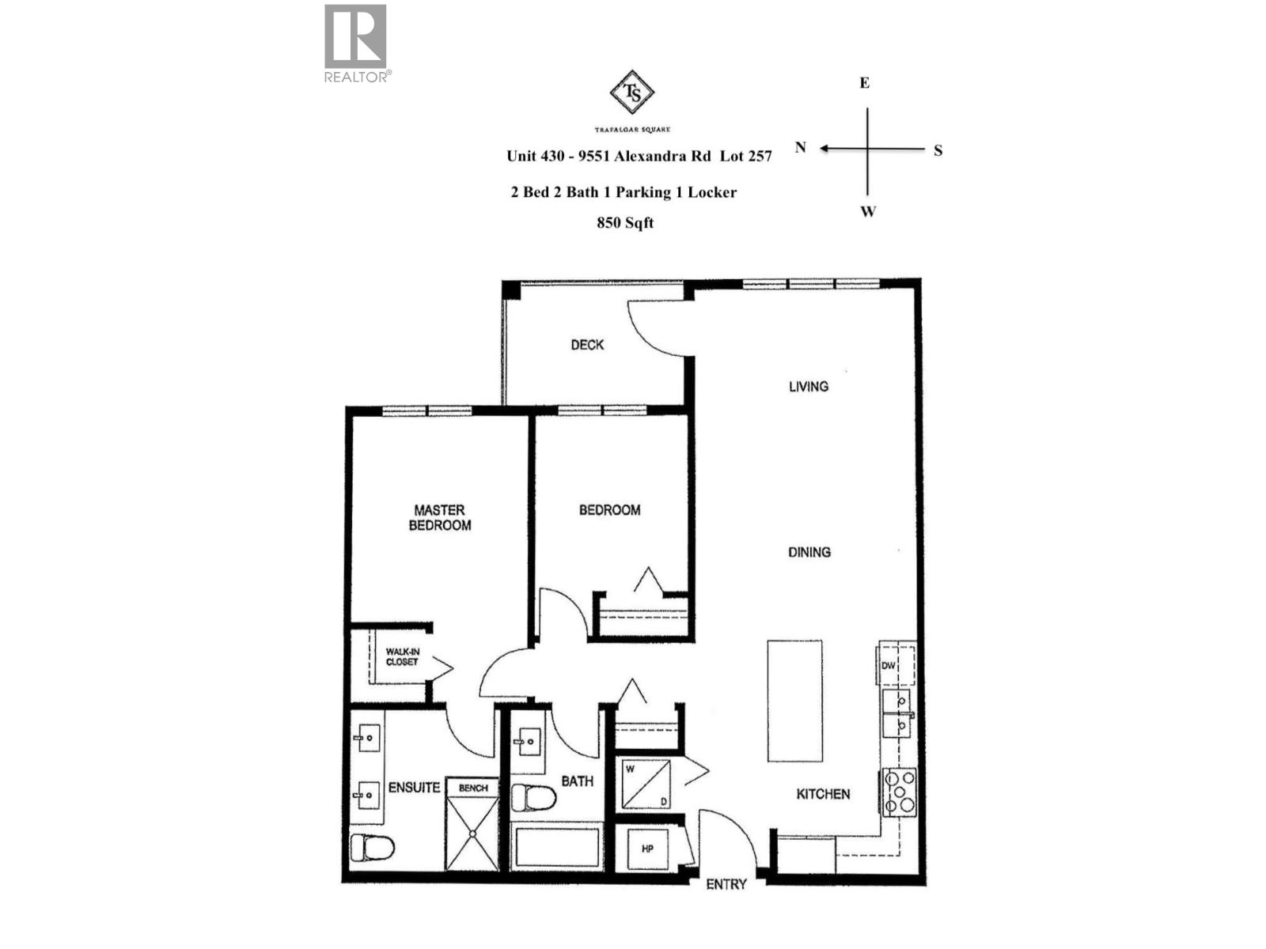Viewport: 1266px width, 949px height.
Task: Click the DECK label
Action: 587,345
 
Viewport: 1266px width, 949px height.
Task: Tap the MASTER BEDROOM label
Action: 440,518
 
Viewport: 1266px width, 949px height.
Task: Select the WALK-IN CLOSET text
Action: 402,657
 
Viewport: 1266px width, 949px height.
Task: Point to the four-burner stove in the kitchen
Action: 900,792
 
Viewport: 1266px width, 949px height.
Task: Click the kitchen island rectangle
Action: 794,701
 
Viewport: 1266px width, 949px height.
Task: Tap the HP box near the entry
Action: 648,849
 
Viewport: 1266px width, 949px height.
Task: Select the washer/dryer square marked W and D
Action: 646,785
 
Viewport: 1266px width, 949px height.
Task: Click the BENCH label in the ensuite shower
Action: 473,788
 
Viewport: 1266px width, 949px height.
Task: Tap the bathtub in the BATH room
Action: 555,846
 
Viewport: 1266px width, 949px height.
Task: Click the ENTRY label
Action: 726,884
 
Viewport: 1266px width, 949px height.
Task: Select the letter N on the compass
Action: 801,148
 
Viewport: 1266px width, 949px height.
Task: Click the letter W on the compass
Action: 868,212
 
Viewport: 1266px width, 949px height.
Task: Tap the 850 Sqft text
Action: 625,223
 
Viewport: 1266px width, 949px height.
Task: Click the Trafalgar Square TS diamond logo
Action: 632,93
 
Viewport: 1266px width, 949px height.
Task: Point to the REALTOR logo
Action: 356,43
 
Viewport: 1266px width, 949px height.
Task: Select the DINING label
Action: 809,552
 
